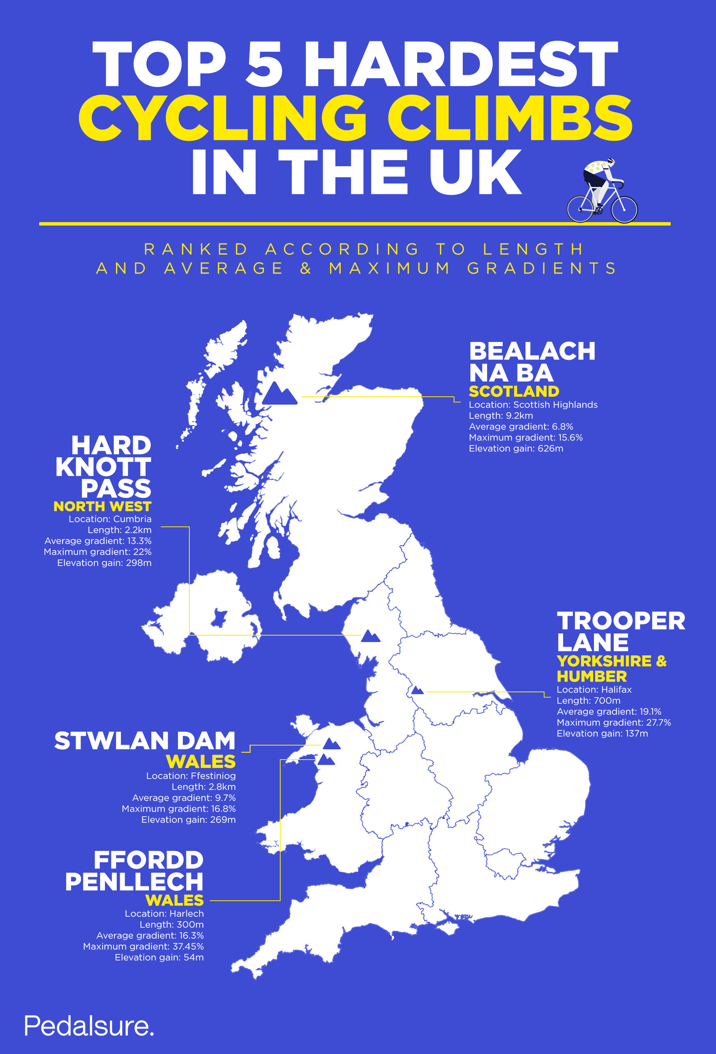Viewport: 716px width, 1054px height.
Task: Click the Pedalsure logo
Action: click(x=89, y=1026)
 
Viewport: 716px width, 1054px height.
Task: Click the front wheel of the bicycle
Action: click(x=624, y=209)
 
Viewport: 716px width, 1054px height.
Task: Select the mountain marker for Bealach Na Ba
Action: click(x=279, y=394)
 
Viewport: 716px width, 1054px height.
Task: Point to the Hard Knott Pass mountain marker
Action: click(x=370, y=636)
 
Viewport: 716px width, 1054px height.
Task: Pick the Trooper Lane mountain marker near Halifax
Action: click(x=417, y=691)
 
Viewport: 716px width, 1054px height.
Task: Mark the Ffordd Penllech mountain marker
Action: click(x=326, y=760)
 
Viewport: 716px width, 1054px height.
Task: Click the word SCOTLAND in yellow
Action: click(x=514, y=391)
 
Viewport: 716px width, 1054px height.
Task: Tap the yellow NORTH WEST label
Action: click(x=103, y=506)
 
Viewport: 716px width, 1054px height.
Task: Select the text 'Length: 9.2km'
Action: click(x=501, y=415)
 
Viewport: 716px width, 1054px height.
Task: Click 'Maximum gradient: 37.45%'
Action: click(x=143, y=946)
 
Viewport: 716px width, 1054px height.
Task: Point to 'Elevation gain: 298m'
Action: click(x=104, y=563)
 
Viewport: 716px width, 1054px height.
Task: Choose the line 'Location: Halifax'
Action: click(x=594, y=689)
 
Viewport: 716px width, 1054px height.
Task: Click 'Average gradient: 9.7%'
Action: click(x=184, y=798)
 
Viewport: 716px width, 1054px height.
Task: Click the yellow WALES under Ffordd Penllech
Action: click(x=175, y=900)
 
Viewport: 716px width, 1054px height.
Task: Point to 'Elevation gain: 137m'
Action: click(x=602, y=733)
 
